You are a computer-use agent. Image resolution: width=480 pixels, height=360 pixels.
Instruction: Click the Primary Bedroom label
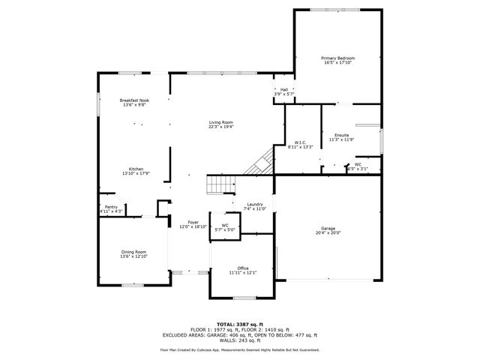click(337, 58)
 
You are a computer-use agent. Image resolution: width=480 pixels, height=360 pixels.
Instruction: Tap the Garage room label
click(327, 229)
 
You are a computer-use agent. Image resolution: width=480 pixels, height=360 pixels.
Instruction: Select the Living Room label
click(220, 122)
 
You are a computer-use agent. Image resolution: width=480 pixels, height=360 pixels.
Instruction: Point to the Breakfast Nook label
click(134, 100)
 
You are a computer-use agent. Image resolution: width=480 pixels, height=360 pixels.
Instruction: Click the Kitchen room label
click(136, 169)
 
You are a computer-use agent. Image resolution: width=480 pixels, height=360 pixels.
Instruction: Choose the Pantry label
click(111, 207)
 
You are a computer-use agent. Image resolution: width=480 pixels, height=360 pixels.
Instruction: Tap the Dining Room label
click(134, 252)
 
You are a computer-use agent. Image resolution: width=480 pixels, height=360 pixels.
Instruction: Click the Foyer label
click(193, 223)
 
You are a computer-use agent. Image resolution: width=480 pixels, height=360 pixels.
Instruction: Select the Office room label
click(242, 268)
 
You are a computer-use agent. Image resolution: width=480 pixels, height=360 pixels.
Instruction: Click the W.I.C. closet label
click(299, 142)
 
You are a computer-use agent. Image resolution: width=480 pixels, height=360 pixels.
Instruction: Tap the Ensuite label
click(341, 135)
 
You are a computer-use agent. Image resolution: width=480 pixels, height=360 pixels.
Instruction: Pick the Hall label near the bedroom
click(285, 89)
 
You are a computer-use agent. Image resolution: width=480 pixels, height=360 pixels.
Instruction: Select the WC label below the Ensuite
click(358, 164)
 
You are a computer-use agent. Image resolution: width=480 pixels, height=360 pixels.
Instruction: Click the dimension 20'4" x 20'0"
click(327, 233)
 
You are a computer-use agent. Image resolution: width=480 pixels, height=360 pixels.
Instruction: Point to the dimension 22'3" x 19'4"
click(220, 127)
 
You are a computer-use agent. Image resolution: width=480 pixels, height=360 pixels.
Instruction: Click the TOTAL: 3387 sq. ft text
click(240, 324)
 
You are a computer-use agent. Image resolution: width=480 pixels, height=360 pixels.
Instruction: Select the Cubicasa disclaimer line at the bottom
click(240, 349)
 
